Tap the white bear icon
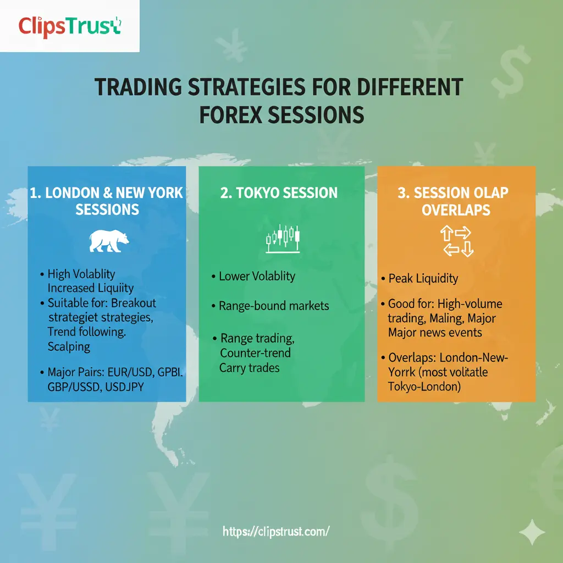coord(109,241)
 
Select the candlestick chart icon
coord(283,238)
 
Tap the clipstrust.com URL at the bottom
coord(276,531)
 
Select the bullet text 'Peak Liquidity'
coord(422,278)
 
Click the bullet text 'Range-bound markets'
coord(273,306)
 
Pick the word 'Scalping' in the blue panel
coord(69,346)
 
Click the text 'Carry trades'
coord(249,367)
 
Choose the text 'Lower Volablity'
coord(257,276)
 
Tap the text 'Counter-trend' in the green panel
coord(255,352)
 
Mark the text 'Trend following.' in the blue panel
coord(87,332)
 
